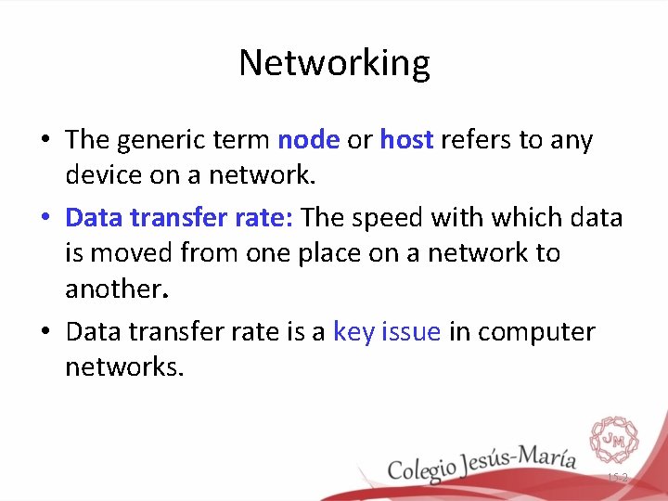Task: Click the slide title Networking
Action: [x=334, y=63]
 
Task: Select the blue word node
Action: [x=309, y=140]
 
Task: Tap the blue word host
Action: [x=406, y=140]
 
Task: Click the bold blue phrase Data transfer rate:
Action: [x=179, y=218]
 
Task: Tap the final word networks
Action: [x=125, y=366]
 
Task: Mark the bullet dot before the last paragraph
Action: [x=45, y=333]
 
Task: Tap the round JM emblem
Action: [x=613, y=438]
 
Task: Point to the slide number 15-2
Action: [x=617, y=478]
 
